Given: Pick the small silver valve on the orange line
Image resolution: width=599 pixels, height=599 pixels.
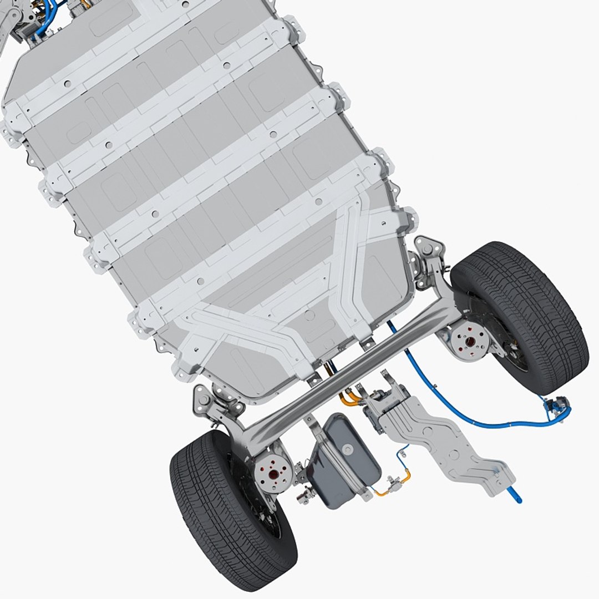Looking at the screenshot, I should pos(393,485).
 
